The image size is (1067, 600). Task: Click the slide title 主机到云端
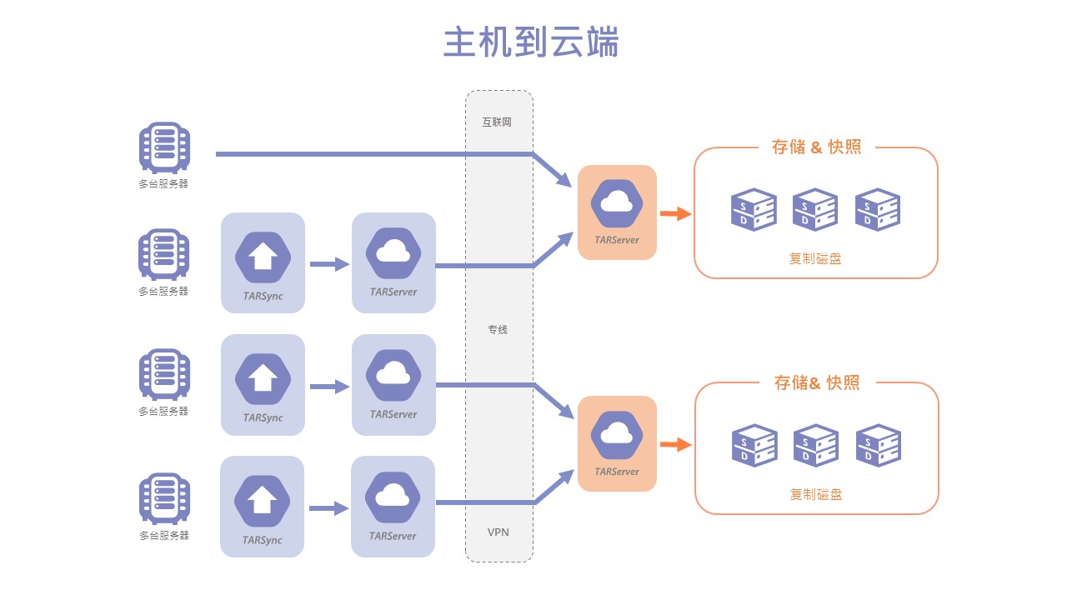tap(531, 42)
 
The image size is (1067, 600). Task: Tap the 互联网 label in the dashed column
tap(497, 122)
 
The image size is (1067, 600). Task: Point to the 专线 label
tap(498, 330)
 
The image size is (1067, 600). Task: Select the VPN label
tap(498, 532)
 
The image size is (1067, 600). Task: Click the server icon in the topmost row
tap(164, 148)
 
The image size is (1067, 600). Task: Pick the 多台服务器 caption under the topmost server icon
tap(164, 184)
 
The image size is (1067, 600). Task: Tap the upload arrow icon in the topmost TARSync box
tap(263, 257)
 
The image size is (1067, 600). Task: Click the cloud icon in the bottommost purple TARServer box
tap(393, 497)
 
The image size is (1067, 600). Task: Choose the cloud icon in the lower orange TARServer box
tap(617, 433)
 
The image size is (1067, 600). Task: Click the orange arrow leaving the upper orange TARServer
tap(676, 214)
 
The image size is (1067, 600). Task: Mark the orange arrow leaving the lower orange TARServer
tap(676, 445)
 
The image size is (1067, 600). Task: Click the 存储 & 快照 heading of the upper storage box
tap(816, 147)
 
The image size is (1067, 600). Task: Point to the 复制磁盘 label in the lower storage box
tap(816, 494)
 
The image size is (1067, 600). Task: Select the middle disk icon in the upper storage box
tap(815, 209)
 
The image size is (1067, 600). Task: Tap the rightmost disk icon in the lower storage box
tap(879, 446)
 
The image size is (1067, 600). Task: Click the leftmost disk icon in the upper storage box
tap(754, 209)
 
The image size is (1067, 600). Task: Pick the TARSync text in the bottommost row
tap(263, 540)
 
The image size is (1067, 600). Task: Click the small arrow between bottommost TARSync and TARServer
tap(328, 508)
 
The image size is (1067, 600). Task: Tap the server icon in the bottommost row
tap(164, 498)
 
